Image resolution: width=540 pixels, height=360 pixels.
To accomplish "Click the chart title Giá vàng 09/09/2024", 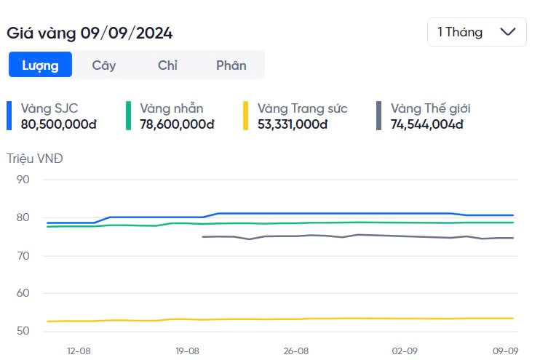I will click(90, 33).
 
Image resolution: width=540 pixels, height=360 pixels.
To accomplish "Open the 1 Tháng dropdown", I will click(476, 32).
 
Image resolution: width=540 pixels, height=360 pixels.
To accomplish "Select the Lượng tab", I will click(40, 65).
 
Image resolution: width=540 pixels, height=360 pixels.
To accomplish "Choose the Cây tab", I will click(104, 65).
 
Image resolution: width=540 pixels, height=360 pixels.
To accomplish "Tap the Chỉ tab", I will click(167, 65).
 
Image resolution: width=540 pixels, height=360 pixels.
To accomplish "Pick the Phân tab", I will click(231, 65).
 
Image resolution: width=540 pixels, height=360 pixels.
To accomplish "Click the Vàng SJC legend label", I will click(49, 108).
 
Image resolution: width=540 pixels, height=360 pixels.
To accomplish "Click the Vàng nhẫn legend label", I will click(172, 108).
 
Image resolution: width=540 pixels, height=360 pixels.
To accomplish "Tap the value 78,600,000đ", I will click(177, 124).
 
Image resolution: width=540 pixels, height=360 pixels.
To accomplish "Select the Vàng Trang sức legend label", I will click(303, 108).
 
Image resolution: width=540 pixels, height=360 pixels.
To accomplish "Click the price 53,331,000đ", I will click(293, 124).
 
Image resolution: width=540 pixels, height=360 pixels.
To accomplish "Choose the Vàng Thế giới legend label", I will click(431, 108).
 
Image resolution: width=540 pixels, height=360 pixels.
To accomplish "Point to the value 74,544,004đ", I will click(427, 124).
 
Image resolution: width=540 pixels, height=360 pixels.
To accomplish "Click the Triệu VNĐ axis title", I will click(35, 158).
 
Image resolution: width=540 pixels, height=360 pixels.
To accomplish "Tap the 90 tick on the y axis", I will click(22, 180).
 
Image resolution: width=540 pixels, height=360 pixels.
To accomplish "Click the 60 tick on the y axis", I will click(22, 293).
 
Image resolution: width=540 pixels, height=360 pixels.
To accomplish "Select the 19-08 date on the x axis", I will click(187, 351).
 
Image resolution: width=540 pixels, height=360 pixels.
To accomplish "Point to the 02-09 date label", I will click(405, 351).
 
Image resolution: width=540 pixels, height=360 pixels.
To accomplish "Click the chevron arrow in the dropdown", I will click(508, 32).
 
